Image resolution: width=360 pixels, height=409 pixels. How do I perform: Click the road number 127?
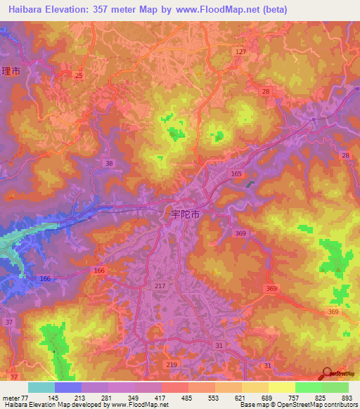241,52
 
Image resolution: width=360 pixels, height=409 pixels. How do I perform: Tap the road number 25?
79,75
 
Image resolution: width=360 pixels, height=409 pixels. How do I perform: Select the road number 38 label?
108,163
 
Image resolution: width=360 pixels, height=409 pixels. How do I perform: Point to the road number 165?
237,173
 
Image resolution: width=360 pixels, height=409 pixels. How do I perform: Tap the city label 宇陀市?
186,212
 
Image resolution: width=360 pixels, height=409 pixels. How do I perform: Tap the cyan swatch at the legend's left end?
41,387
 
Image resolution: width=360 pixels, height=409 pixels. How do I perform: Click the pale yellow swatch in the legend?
282,387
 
